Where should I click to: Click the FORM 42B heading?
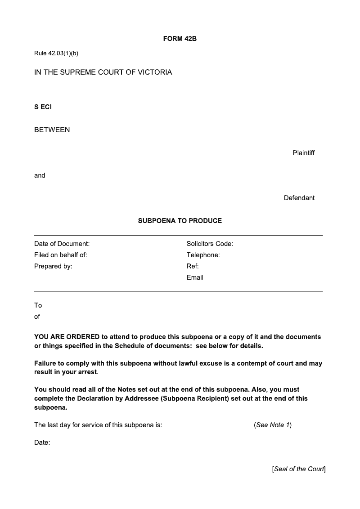click(x=180, y=39)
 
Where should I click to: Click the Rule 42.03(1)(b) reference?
click(x=56, y=54)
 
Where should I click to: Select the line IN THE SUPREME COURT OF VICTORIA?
click(x=103, y=72)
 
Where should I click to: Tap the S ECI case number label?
click(x=43, y=107)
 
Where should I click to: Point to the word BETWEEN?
click(x=52, y=130)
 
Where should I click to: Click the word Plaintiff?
click(x=303, y=153)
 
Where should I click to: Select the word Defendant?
click(x=299, y=198)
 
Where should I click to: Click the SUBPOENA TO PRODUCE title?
click(x=180, y=221)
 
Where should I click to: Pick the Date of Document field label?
click(x=62, y=244)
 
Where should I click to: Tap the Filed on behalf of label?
click(x=60, y=255)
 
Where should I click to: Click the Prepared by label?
click(x=53, y=266)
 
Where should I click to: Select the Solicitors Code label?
click(x=210, y=244)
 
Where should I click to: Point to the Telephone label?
click(x=203, y=255)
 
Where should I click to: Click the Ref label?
click(x=193, y=266)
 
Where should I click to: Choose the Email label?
click(x=195, y=277)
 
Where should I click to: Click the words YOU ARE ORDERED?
click(x=67, y=337)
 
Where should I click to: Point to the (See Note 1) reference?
click(x=273, y=425)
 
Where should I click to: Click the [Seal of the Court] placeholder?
click(x=298, y=469)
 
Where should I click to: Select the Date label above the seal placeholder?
click(x=42, y=442)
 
